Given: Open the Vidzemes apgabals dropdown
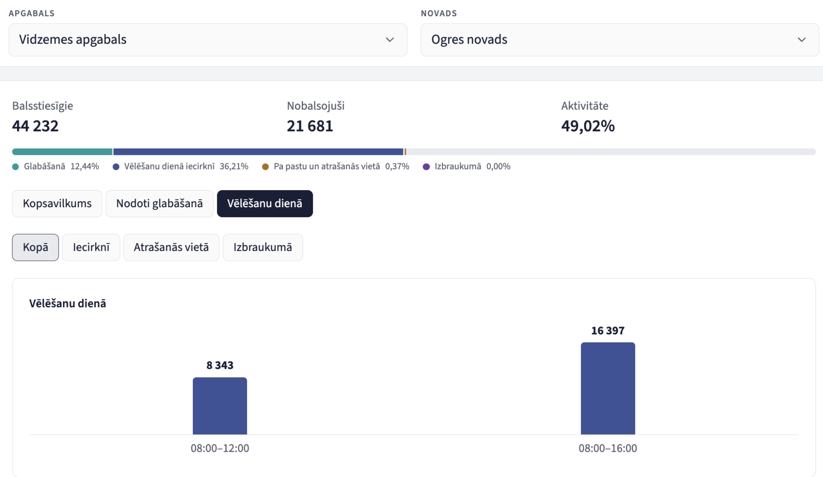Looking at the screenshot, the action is pos(208,40).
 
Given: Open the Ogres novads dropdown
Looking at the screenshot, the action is pos(620,40).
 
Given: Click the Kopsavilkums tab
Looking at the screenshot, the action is pos(57,203).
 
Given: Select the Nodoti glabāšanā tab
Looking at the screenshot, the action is pos(159,203).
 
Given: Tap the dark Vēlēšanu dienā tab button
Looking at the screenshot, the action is pos(265,203).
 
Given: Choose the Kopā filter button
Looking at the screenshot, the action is pos(36,247).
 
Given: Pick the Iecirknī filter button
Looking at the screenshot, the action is pos(91,247).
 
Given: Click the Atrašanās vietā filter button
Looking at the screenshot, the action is pos(171,247).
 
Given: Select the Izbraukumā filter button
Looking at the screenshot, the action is pos(263,247).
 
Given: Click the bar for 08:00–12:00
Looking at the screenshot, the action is pos(220,406).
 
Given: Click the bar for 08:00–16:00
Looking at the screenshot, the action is pos(608,388).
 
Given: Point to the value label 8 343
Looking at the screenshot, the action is pos(220,365).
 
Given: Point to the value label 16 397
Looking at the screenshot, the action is pos(608,331).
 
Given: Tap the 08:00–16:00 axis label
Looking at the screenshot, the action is pos(608,448).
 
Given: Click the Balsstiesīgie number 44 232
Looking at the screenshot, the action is pos(35,126).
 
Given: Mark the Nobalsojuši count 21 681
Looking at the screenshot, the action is pos(310,126).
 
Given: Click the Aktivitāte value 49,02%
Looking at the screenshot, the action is pos(588,126).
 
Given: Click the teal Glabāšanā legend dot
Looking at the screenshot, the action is pos(15,167).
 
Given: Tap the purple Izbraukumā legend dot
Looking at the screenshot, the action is pos(426,167).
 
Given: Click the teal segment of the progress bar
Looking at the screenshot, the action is pos(62,152).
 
